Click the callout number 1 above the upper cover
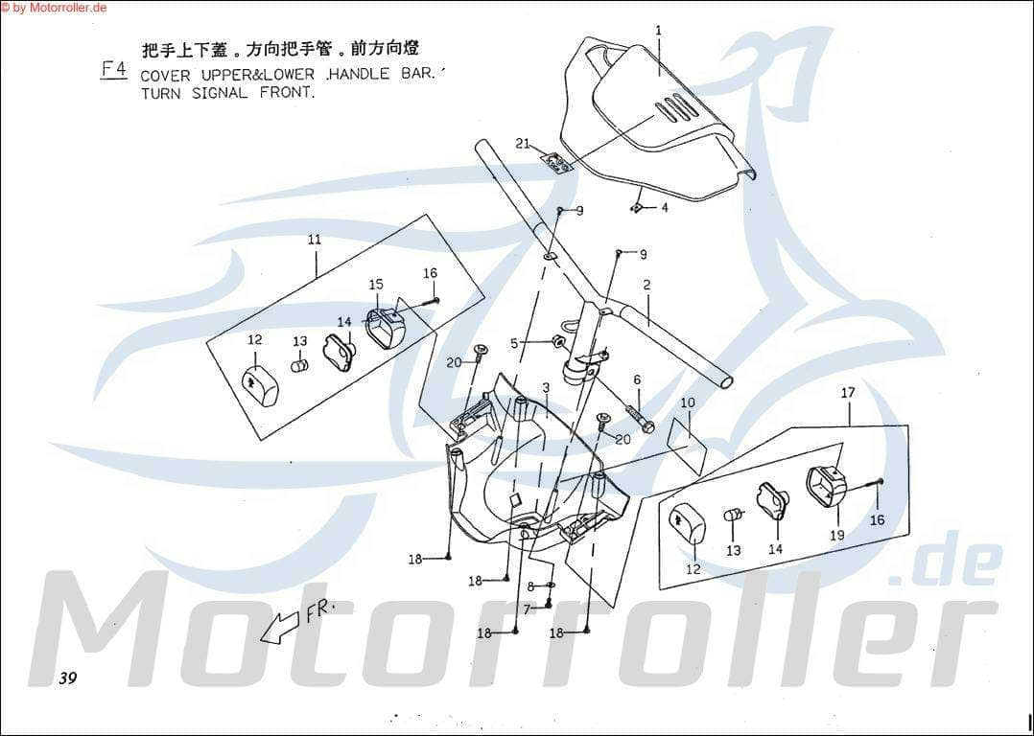(659, 30)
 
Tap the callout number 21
(523, 144)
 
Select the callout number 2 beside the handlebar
(647, 285)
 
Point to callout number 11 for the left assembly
(315, 240)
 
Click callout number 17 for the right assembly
(848, 392)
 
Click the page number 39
(66, 678)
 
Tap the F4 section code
(113, 69)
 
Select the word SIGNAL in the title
(220, 94)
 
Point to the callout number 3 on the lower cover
(545, 388)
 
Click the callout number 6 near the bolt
(636, 379)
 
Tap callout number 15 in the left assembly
(376, 285)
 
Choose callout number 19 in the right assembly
(836, 535)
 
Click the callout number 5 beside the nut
(514, 343)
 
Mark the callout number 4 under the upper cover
(664, 207)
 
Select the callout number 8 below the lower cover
(529, 586)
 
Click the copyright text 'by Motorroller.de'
(59, 8)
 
